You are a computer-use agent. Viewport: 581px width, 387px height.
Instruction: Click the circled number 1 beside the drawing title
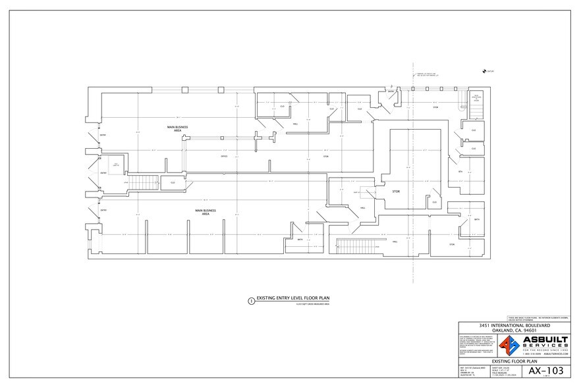tap(250, 301)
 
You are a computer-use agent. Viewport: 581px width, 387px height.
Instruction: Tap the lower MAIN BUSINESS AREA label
tap(206, 213)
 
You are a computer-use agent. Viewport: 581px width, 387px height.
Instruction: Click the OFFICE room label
tap(224, 157)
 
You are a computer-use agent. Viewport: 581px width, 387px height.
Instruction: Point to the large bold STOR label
tap(396, 192)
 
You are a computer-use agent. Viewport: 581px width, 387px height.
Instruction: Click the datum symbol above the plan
tap(485, 72)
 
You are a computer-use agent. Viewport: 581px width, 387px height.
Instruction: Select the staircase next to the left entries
tap(139, 182)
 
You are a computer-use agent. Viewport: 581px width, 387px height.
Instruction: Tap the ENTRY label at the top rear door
tap(390, 91)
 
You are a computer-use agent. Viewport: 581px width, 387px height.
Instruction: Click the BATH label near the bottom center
tap(300, 240)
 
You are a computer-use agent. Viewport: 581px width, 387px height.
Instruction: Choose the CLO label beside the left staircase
tap(173, 183)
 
